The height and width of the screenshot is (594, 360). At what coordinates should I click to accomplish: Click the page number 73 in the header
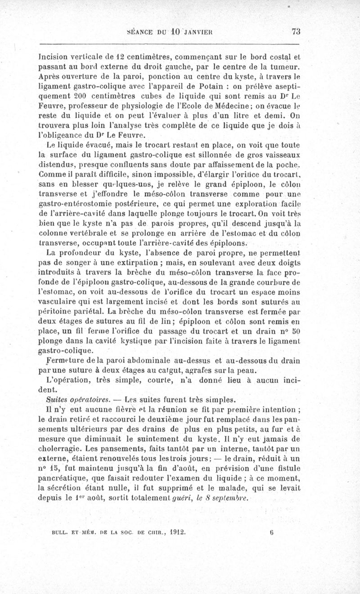click(x=296, y=31)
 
